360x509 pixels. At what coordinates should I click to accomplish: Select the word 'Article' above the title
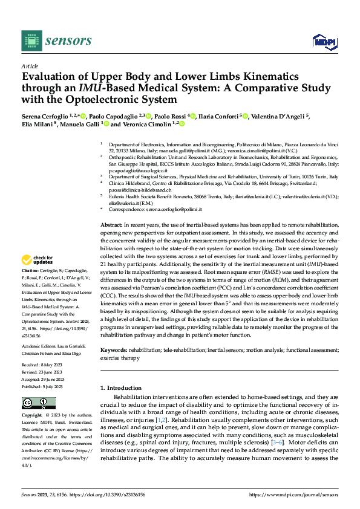pos(29,66)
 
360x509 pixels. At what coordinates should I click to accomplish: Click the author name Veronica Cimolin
pos(147,124)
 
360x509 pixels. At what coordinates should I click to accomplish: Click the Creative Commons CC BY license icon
pos(36,403)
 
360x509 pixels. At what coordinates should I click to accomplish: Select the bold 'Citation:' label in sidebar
pos(30,270)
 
